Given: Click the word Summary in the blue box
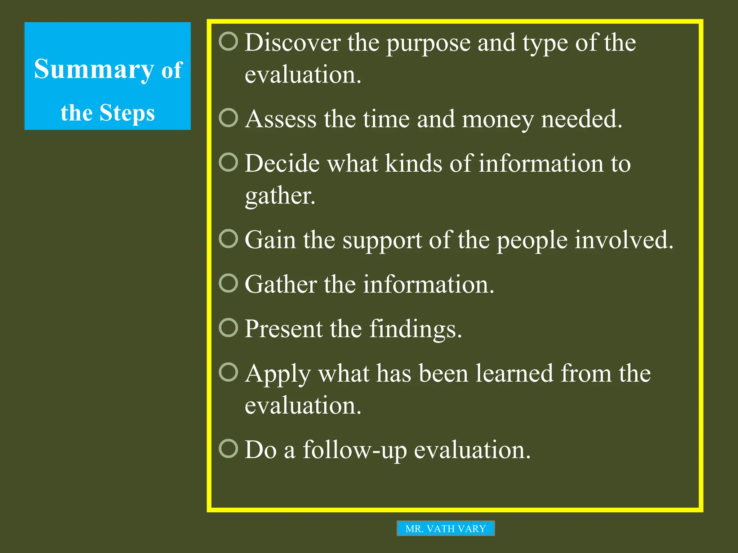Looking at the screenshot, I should pos(94,69).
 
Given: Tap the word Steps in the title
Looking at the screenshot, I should pos(127,113).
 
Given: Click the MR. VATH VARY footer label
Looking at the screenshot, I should pos(445,529).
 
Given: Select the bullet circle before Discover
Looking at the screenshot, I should pos(228,41).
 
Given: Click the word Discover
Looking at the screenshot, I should pos(293,43).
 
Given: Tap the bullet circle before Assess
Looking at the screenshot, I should pos(228,118).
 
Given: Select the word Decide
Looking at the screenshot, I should pos(282,164).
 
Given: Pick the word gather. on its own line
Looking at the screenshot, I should pos(280,197).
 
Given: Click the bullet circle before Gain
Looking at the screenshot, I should pos(228,239).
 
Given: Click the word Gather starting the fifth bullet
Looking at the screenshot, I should pos(281,285).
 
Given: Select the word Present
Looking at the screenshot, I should pos(283,329).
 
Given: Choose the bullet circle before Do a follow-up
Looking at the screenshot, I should pos(228,448).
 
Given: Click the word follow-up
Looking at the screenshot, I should pos(355,450).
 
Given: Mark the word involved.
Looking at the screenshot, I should pos(624,240).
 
